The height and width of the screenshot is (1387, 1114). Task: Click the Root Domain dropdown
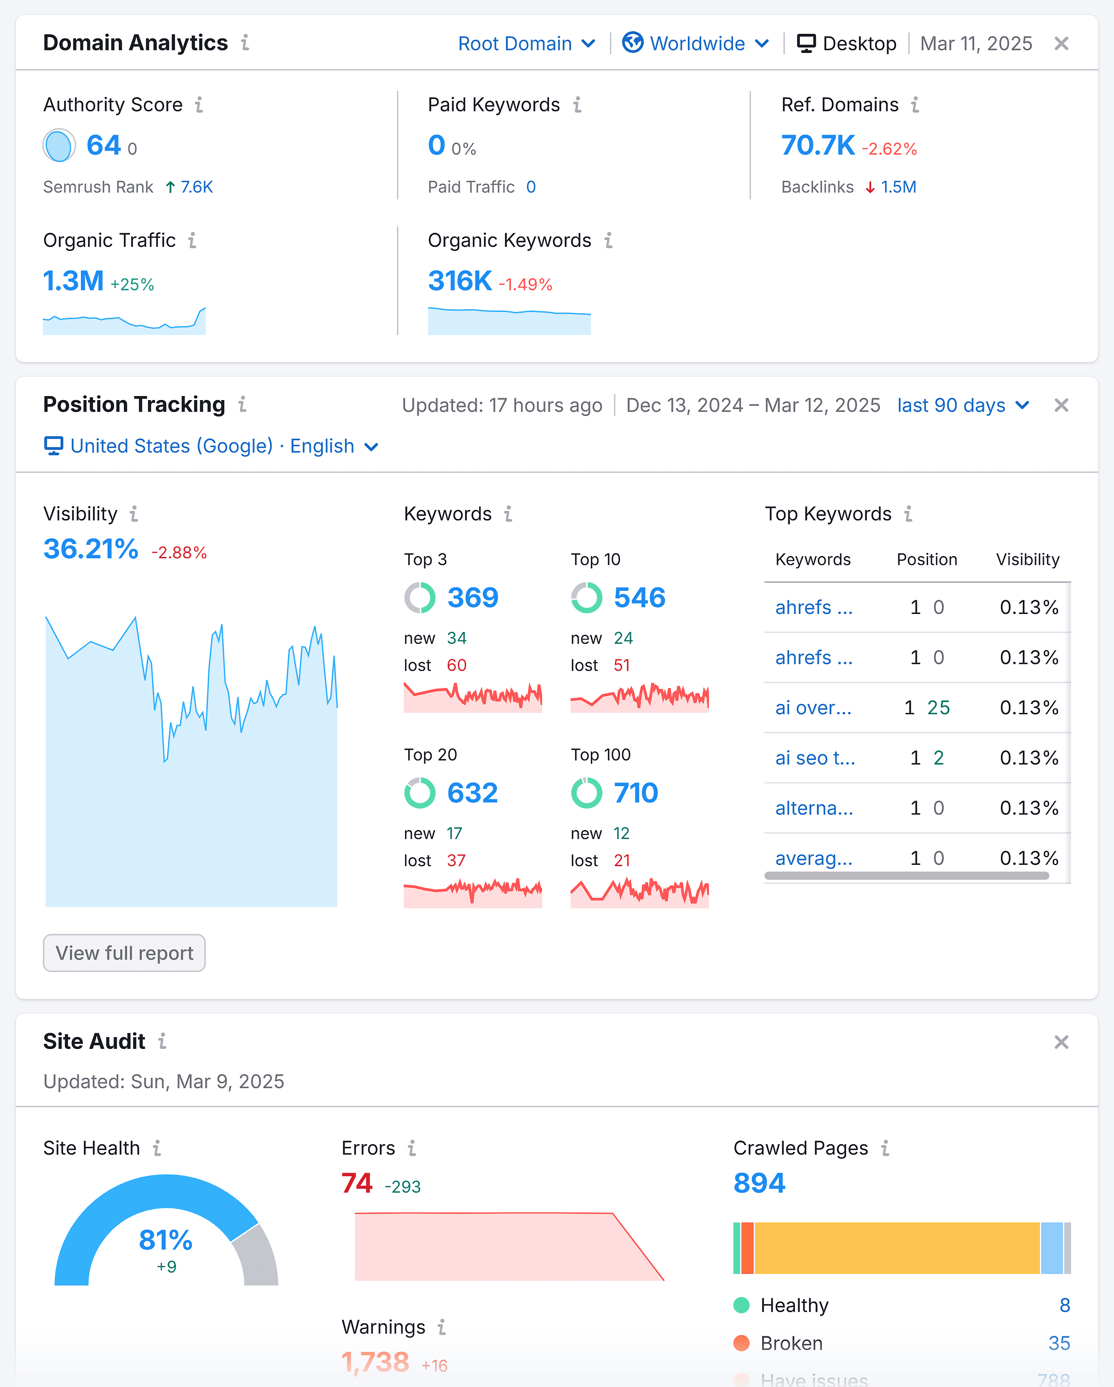(x=526, y=44)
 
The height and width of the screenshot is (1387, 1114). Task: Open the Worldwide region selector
(x=696, y=44)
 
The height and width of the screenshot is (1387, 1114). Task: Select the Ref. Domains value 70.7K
(x=817, y=145)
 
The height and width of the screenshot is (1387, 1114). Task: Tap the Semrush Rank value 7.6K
(x=196, y=187)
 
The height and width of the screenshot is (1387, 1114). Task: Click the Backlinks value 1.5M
(x=898, y=187)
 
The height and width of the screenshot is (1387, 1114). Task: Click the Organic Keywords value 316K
(x=459, y=281)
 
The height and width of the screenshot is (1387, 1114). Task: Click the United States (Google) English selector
(x=212, y=446)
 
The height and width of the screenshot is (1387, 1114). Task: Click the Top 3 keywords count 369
(x=472, y=597)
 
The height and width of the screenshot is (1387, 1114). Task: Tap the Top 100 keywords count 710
(x=636, y=793)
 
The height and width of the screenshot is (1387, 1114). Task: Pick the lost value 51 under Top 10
(x=621, y=665)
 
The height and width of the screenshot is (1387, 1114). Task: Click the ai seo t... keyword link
(x=815, y=758)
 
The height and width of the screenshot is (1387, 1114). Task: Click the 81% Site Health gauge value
(x=165, y=1240)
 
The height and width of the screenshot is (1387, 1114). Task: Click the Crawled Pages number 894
(x=759, y=1183)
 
